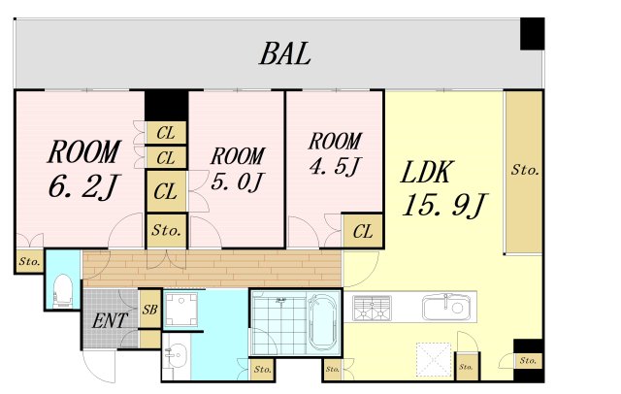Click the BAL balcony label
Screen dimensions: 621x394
tap(284, 53)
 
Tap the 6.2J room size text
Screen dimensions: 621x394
tap(83, 185)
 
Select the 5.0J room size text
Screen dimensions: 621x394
tap(237, 181)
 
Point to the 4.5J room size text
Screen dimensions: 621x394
tap(335, 166)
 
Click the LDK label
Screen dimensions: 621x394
tap(426, 172)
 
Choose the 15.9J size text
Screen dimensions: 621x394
tap(444, 205)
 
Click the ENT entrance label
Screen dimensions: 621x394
tap(110, 321)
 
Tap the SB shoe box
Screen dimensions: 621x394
tap(149, 310)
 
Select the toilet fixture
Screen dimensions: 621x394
tap(63, 290)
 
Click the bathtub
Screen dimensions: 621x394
tap(323, 322)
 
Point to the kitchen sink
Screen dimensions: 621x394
tap(447, 307)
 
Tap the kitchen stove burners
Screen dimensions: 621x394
tap(372, 308)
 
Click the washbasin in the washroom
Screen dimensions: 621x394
tap(176, 354)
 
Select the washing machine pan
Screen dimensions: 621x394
tap(181, 309)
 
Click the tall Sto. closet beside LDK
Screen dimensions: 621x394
tap(524, 172)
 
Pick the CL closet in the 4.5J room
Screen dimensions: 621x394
tap(362, 231)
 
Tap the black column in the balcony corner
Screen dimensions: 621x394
tap(532, 34)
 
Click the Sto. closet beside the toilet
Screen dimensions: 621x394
tap(30, 261)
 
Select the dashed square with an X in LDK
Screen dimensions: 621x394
tap(434, 360)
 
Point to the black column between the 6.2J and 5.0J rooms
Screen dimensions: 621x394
tap(166, 106)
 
